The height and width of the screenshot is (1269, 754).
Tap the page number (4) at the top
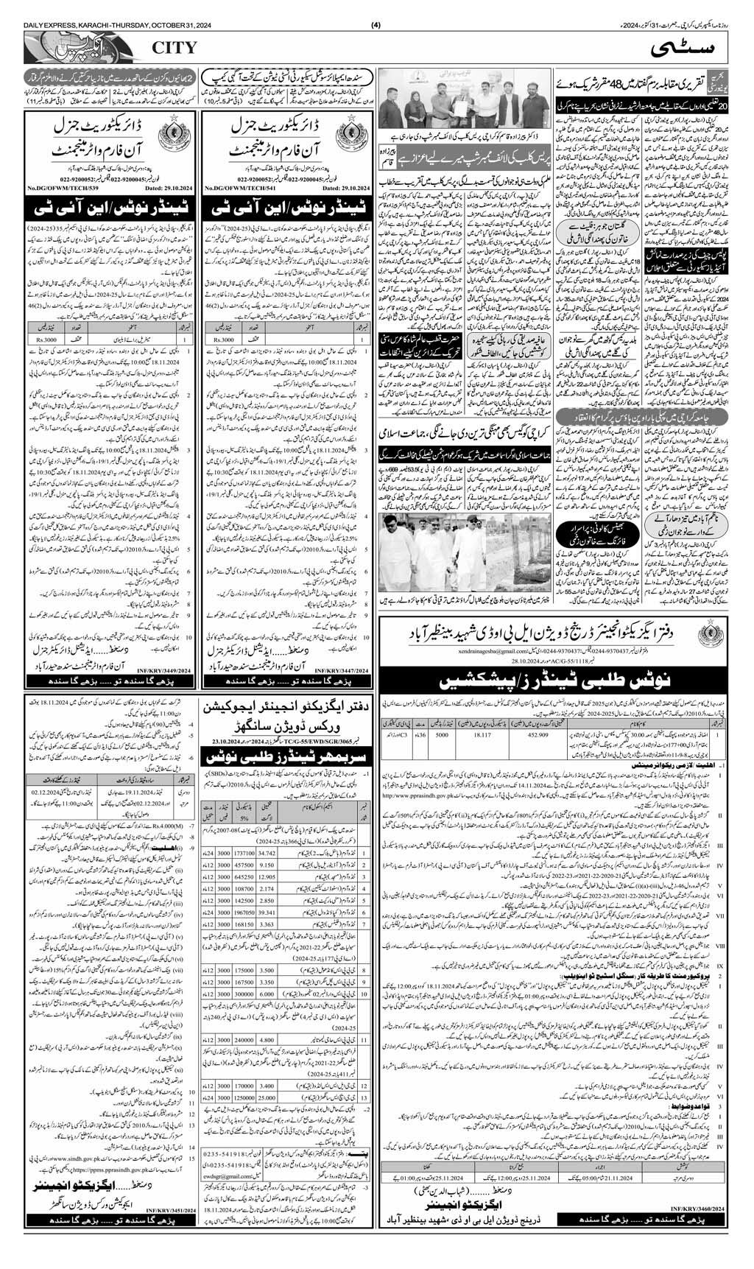point(376,7)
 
